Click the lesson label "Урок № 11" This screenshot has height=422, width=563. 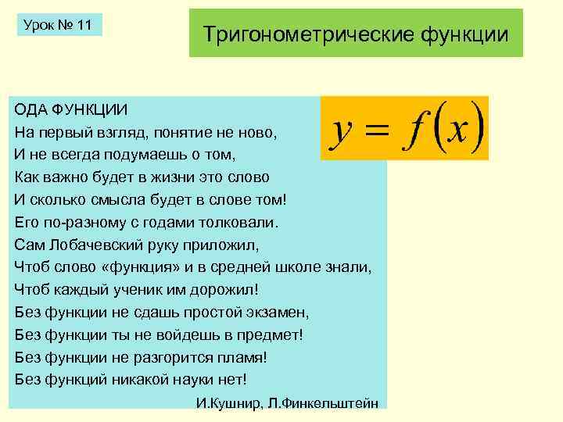[58, 25]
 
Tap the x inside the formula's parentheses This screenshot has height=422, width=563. [457, 130]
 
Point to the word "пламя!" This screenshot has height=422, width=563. [241, 357]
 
